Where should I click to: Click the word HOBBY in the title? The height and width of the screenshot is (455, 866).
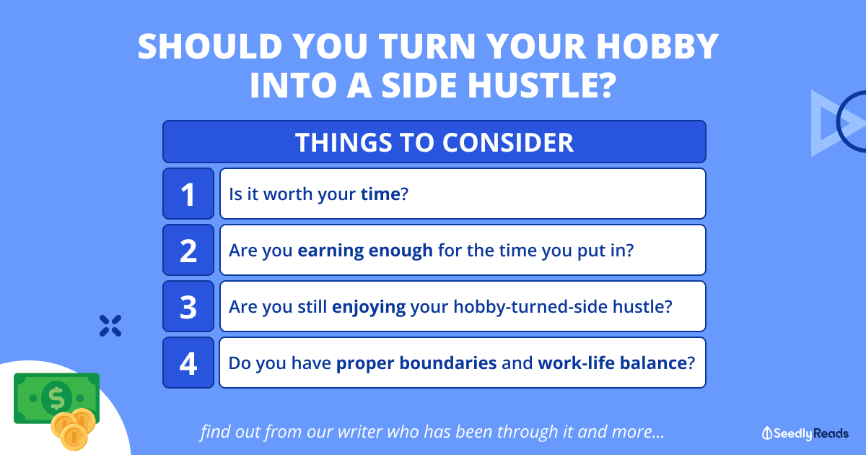click(x=657, y=46)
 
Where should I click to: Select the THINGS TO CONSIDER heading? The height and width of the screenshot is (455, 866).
click(x=434, y=142)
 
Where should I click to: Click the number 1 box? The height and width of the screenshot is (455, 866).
click(x=188, y=194)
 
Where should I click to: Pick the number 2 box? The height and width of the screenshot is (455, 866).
click(x=188, y=250)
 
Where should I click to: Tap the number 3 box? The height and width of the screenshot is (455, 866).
click(x=188, y=306)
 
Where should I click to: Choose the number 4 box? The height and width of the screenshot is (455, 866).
click(x=188, y=363)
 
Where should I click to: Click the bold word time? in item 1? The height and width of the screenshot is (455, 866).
click(x=384, y=194)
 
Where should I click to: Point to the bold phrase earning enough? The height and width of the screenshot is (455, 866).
click(x=365, y=251)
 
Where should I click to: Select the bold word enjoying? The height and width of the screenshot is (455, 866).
click(x=369, y=307)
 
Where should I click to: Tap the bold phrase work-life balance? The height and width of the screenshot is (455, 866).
click(x=613, y=363)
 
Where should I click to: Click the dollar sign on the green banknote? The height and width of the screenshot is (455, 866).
click(x=56, y=398)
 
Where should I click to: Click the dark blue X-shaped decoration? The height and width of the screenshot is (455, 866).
click(x=110, y=326)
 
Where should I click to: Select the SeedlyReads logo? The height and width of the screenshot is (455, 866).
click(x=805, y=433)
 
